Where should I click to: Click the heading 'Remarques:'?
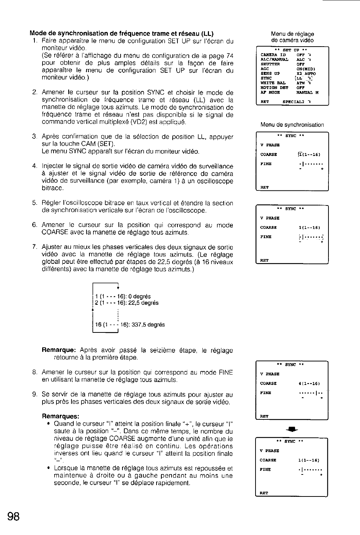(61, 416)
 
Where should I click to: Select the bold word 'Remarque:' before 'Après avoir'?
(59, 350)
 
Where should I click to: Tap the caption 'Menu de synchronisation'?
(292, 125)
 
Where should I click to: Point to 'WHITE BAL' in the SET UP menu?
(273, 83)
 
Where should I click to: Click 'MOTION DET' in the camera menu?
(274, 88)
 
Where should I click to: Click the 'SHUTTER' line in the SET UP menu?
(270, 64)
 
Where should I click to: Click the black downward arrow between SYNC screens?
(291, 429)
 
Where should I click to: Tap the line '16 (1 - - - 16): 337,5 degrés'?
(130, 325)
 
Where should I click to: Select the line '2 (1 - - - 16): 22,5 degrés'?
(127, 303)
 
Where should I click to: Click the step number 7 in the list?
(34, 247)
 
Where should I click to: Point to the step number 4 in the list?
(34, 167)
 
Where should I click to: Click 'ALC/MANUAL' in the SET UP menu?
(274, 59)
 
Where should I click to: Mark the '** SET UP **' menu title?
(292, 50)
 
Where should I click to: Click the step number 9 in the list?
(34, 394)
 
